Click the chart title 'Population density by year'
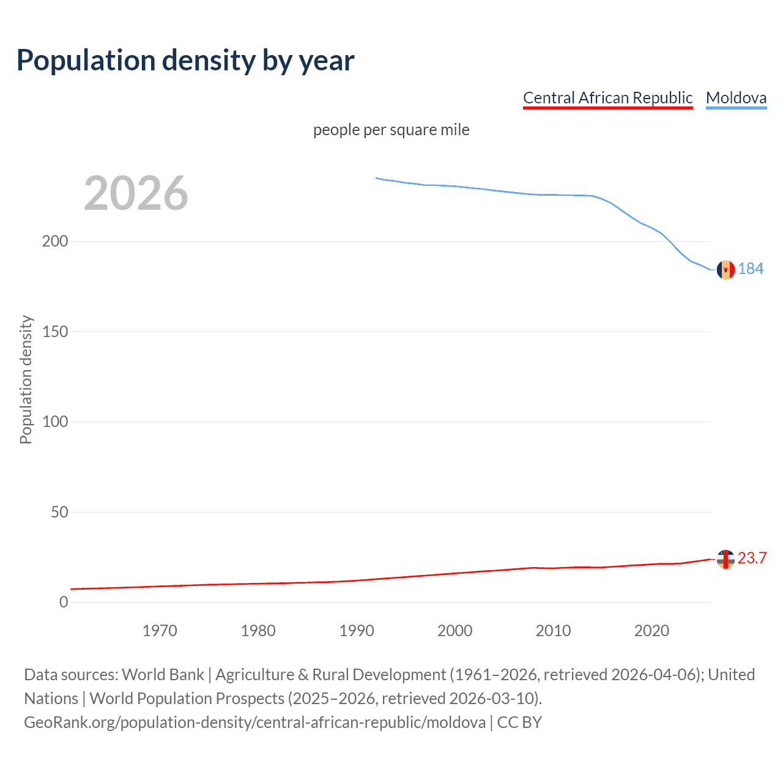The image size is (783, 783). point(185,60)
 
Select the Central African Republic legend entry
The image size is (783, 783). point(607,98)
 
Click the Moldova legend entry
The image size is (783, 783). point(736,98)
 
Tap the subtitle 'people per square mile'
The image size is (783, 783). point(391,130)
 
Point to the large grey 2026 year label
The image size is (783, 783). point(136,193)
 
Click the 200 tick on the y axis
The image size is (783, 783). point(55,241)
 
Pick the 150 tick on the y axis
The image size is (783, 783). point(55,332)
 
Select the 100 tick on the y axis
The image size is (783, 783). point(55,421)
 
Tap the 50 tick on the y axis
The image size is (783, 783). point(59,512)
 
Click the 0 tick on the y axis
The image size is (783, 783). point(64,602)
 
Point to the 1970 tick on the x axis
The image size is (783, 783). point(160,631)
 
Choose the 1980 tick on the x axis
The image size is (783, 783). point(258,631)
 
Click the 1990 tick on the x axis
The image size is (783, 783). point(357,631)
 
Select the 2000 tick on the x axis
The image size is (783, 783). point(455,631)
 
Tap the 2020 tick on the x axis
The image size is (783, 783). point(651,631)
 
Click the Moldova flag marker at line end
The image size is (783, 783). point(725,269)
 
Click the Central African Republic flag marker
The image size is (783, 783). point(725,559)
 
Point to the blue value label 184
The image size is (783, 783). point(751,269)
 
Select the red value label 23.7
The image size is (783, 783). point(752,558)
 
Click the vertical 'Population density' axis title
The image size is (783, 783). point(26,379)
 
